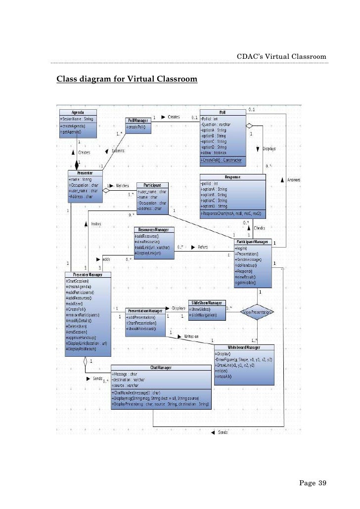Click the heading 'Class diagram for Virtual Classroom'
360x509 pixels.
[x=127, y=79]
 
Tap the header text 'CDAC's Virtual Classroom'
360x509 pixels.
[x=282, y=57]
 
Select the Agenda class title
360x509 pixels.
[x=78, y=113]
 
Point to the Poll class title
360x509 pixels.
[x=223, y=113]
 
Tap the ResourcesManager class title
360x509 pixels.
[x=154, y=230]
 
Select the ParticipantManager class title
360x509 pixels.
[x=253, y=242]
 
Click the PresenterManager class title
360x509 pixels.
[x=88, y=274]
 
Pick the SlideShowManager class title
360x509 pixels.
[x=207, y=302]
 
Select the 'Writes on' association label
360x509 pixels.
[x=191, y=336]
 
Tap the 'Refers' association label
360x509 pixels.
[x=203, y=247]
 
